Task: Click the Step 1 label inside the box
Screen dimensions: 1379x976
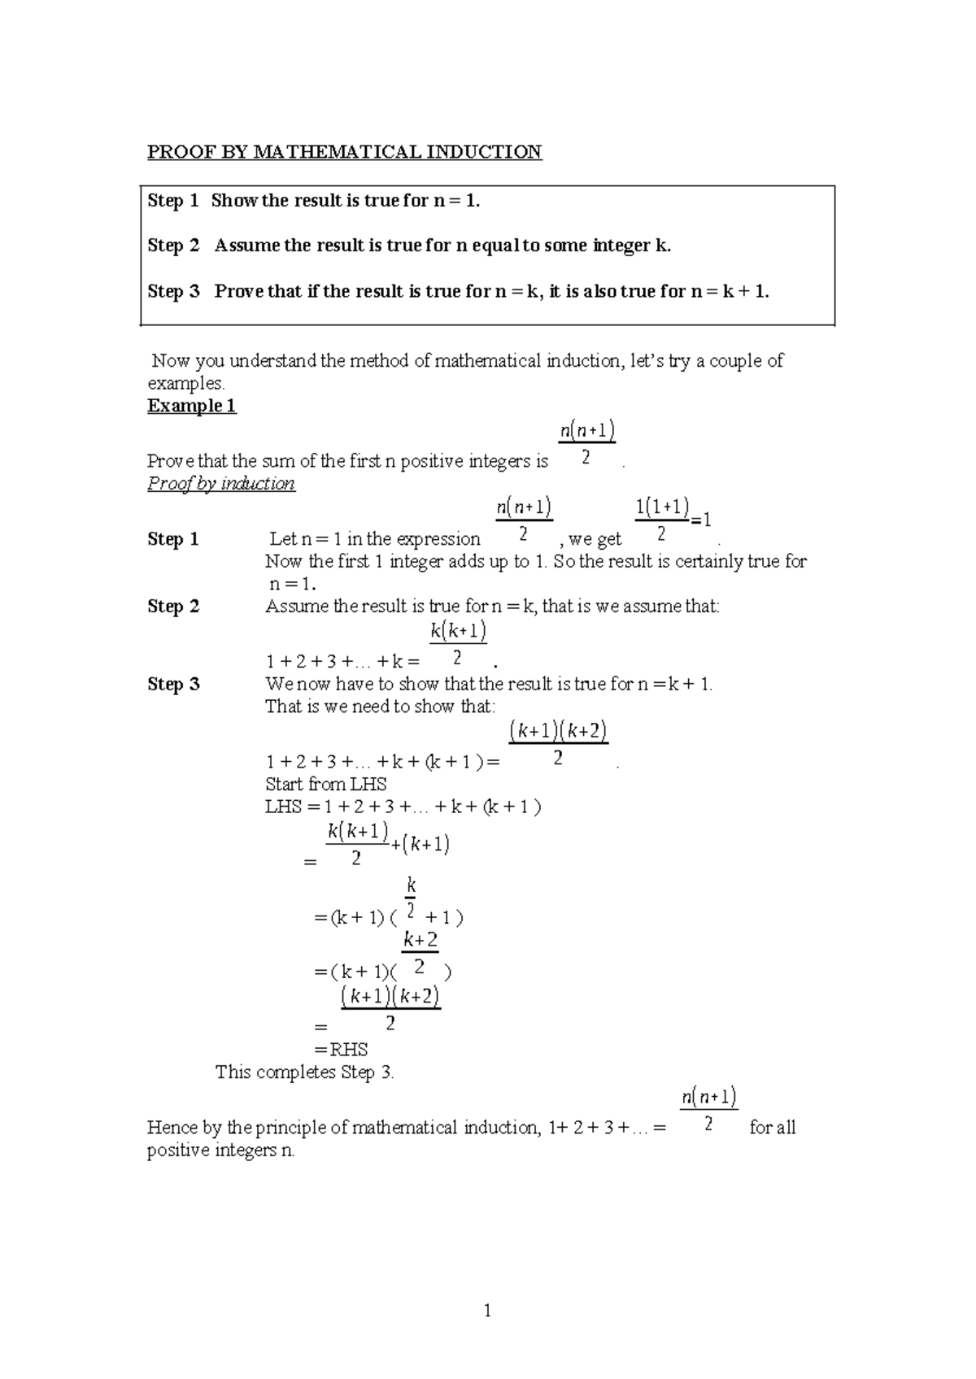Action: tap(172, 201)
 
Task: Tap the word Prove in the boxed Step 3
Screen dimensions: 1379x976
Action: tap(237, 291)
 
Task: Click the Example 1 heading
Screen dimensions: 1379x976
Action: tap(191, 406)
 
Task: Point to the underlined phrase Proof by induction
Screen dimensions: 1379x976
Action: tap(220, 484)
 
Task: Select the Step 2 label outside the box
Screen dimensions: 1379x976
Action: tap(172, 607)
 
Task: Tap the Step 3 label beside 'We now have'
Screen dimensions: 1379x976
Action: tap(172, 684)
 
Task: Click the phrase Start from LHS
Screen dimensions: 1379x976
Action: tap(325, 784)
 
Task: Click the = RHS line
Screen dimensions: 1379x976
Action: tap(341, 1049)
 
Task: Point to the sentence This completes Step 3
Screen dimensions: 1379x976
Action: tap(304, 1072)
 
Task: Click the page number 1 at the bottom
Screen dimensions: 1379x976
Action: tap(487, 1311)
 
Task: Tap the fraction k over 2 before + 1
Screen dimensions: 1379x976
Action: tap(411, 896)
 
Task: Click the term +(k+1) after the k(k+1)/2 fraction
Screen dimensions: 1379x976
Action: tap(420, 844)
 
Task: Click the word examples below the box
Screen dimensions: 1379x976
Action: tap(185, 383)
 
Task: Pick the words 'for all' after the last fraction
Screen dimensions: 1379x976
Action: tap(772, 1128)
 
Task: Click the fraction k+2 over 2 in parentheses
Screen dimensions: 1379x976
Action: tap(420, 953)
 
